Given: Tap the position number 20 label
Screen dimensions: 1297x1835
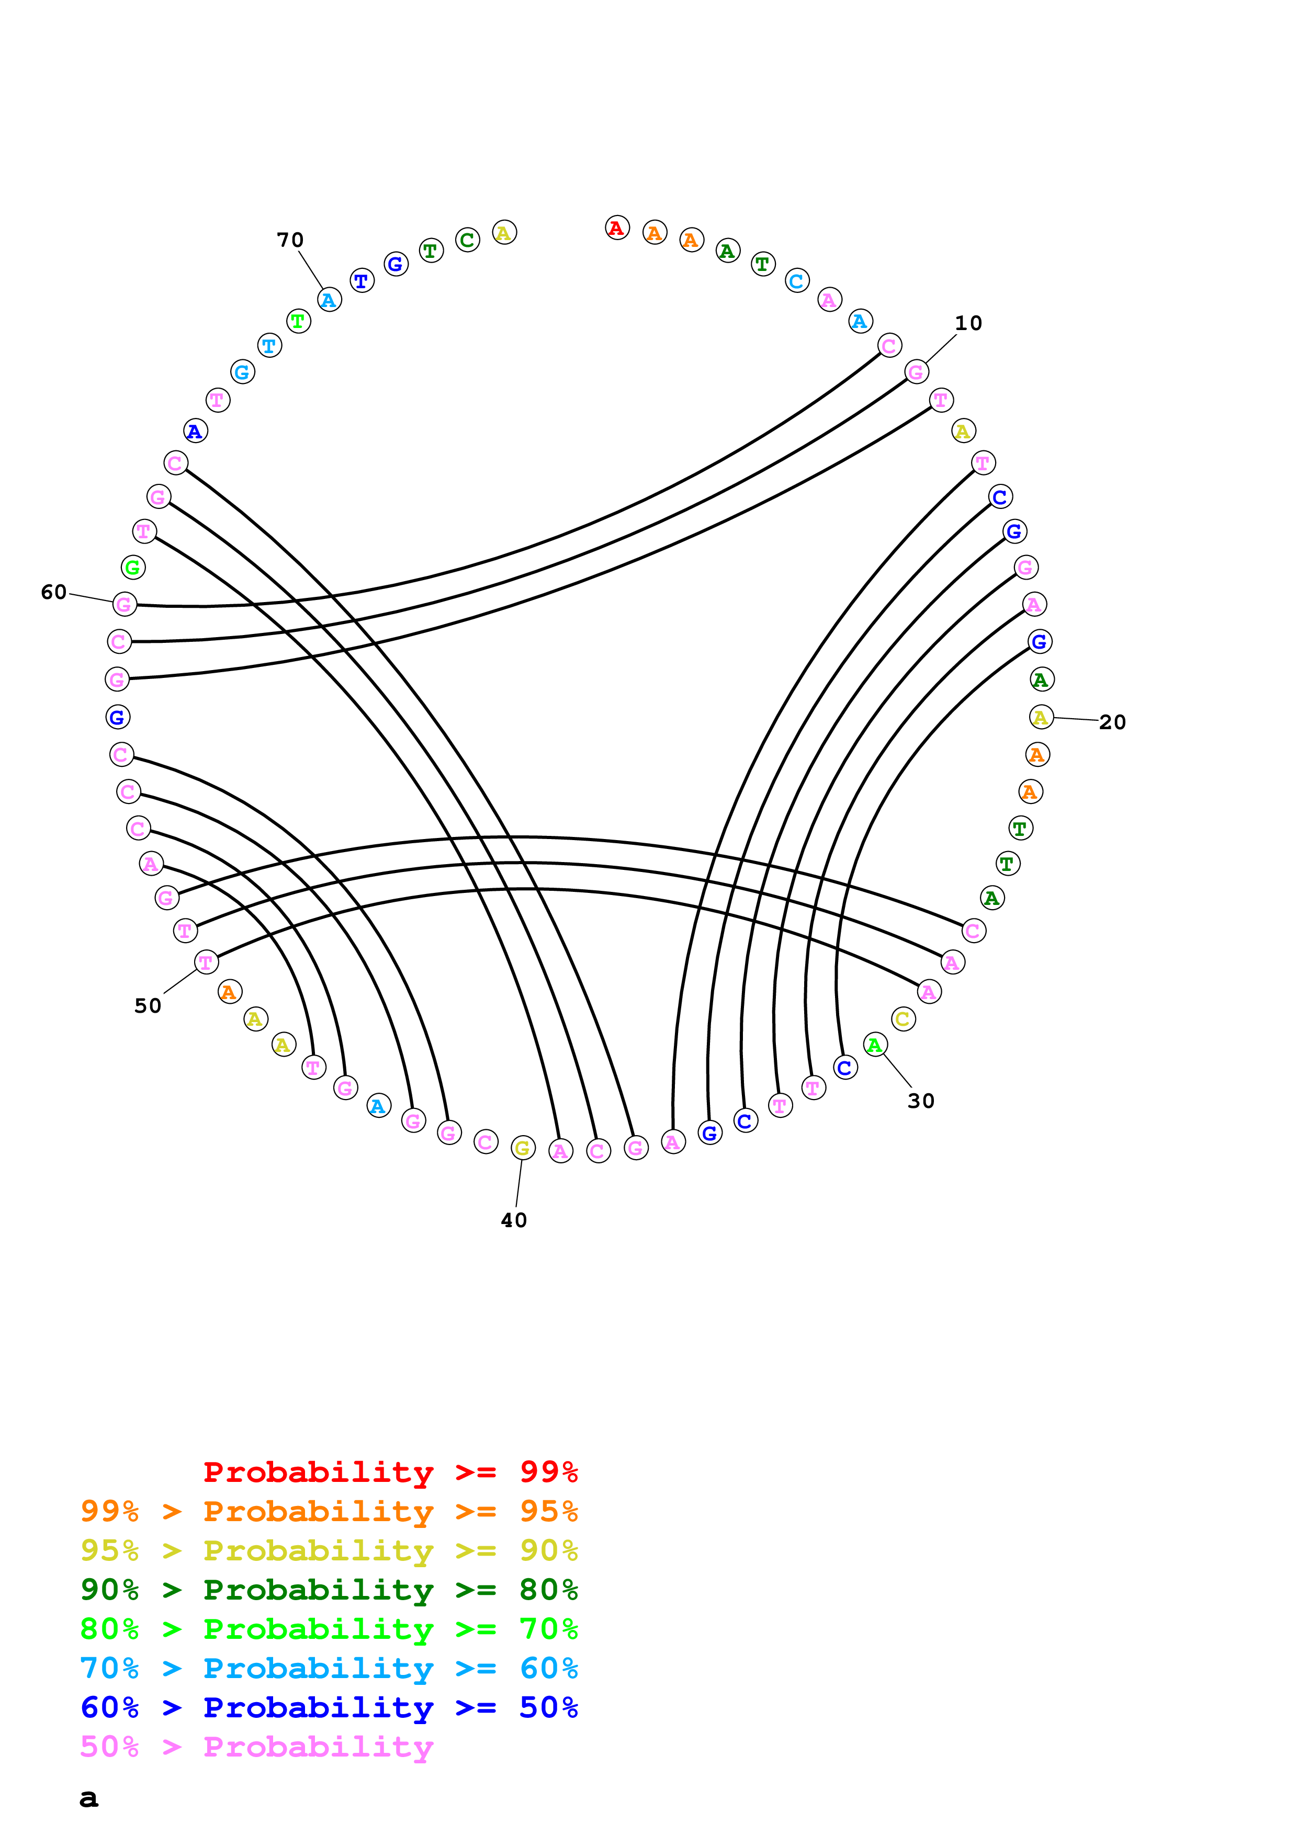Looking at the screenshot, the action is coord(1112,722).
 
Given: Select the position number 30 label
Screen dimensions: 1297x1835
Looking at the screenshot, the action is coord(921,1101).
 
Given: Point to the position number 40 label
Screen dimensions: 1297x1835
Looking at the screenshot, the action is coord(514,1220).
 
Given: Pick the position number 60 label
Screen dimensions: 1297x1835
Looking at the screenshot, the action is coord(53,592).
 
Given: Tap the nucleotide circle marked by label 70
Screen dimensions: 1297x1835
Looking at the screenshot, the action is coord(329,300).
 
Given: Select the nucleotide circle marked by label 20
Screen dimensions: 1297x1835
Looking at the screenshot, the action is coord(1041,717).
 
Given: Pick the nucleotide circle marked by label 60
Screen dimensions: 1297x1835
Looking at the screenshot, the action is coord(125,604).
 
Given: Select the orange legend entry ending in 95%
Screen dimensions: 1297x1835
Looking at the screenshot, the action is coord(329,1511).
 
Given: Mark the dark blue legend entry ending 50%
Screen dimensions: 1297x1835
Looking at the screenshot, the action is coord(329,1707).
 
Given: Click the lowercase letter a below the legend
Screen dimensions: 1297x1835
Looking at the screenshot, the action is coord(89,1798).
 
